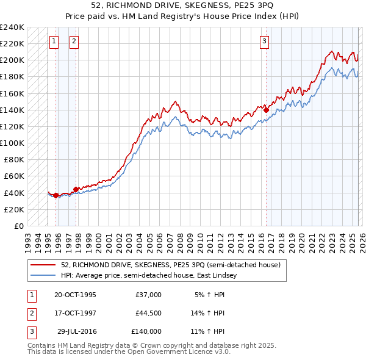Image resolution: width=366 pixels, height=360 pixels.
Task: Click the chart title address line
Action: point(183,5)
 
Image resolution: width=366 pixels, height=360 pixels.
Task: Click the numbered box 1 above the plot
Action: point(54,41)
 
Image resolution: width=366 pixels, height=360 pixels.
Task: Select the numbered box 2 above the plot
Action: point(74,41)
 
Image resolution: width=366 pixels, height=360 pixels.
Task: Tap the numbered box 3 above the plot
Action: point(264,41)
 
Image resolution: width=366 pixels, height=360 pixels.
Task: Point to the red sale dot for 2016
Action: point(267,110)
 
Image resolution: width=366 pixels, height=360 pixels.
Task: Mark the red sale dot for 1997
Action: point(76,189)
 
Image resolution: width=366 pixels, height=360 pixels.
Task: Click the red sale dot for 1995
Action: point(56,195)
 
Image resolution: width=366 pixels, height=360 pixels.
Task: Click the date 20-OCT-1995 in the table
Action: point(75,294)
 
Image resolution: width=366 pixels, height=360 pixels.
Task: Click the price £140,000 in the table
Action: point(146,331)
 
